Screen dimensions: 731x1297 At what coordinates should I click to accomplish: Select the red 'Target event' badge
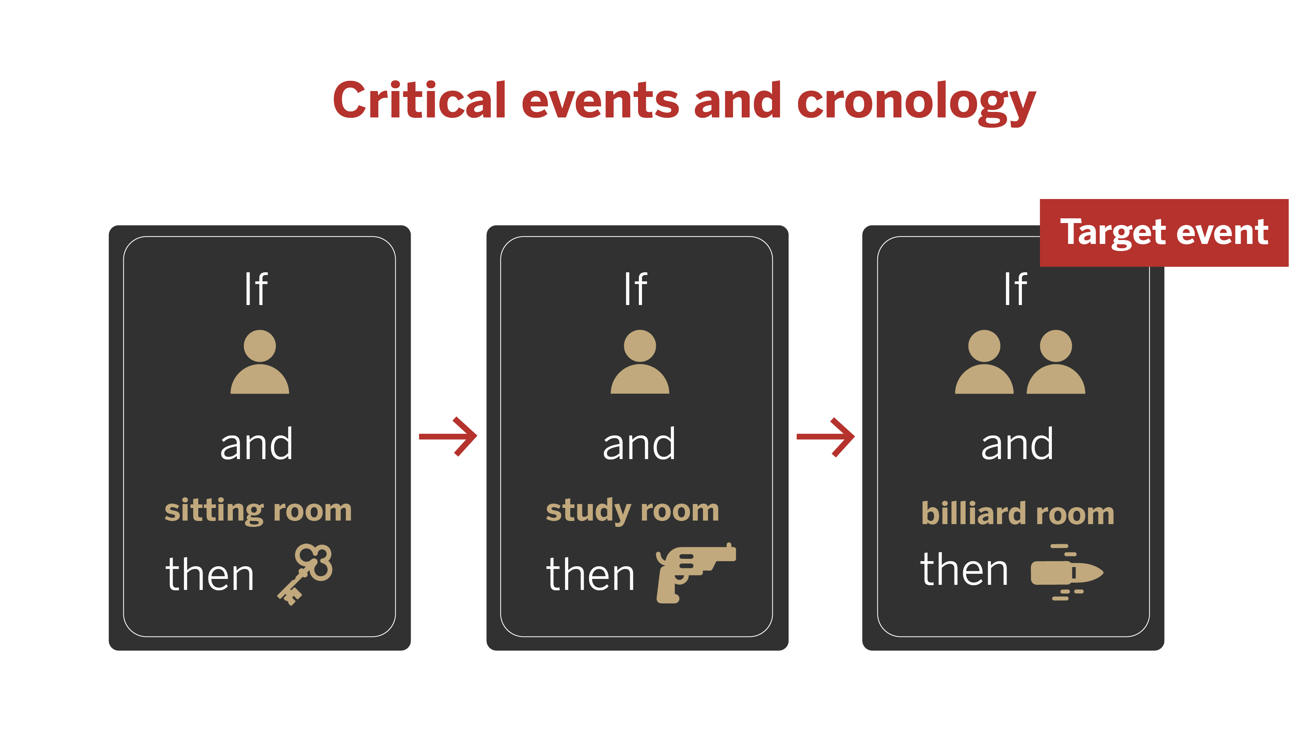[x=1163, y=233]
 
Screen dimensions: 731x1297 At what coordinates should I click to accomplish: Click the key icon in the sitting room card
[x=305, y=573]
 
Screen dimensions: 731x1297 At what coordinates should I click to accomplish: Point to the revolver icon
[x=694, y=573]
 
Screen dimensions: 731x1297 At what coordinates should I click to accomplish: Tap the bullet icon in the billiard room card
[x=1066, y=573]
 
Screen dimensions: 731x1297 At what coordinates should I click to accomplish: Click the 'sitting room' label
[x=258, y=510]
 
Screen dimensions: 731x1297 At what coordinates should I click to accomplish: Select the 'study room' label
[x=633, y=510]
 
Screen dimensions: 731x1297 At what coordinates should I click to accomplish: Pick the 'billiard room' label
[x=1017, y=513]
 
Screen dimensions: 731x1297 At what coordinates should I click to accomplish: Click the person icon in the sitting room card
[x=259, y=363]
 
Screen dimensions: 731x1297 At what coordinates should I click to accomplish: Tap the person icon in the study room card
[x=640, y=363]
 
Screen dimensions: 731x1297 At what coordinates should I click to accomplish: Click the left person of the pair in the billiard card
[x=983, y=363]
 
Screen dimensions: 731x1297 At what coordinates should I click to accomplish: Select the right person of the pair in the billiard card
[x=1055, y=363]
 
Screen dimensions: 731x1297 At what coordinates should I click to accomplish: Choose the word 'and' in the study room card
[x=638, y=444]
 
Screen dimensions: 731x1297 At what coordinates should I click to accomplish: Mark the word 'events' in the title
[x=600, y=102]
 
